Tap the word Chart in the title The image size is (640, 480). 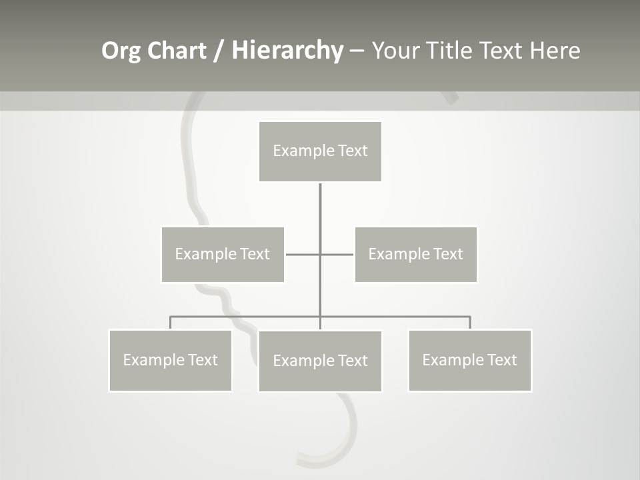tap(176, 51)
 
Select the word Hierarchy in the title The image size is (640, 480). tap(287, 51)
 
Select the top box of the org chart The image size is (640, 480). tap(320, 151)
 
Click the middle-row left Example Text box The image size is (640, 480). tap(223, 254)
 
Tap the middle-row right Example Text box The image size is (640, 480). tap(415, 254)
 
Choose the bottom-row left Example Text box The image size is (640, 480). tap(170, 360)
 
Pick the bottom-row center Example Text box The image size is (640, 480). tap(320, 361)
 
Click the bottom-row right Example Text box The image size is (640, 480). tap(469, 360)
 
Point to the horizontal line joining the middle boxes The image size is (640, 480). tap(303, 254)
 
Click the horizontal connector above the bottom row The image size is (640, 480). tap(247, 317)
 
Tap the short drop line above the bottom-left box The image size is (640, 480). tap(170, 323)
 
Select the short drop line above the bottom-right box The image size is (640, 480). tap(470, 323)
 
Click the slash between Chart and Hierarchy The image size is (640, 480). tap(219, 51)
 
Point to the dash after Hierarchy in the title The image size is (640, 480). tap(357, 51)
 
